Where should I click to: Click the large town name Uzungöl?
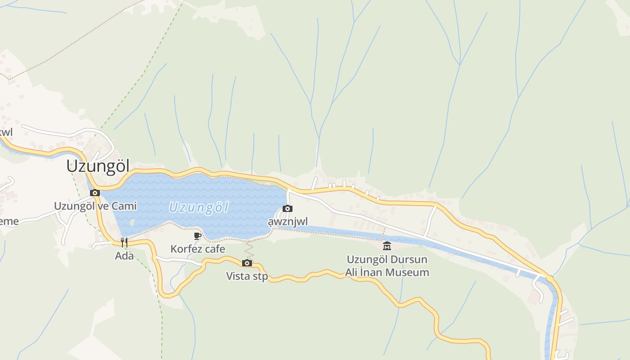tap(98, 166)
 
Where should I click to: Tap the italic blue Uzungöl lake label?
tap(198, 208)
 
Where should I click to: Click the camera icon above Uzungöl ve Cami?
tap(95, 193)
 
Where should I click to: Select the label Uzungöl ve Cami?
tap(95, 206)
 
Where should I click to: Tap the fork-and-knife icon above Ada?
tap(124, 243)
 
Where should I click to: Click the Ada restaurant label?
tap(124, 256)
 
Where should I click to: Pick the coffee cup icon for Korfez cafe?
tap(197, 235)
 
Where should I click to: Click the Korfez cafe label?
tap(198, 249)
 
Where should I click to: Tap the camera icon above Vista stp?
tap(247, 263)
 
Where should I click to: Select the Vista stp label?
tap(247, 276)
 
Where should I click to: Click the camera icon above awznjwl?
tap(288, 208)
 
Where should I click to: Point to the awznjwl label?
tap(288, 222)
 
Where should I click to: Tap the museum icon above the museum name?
tap(387, 246)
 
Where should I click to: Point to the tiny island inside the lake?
tap(131, 222)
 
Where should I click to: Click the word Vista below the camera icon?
tap(238, 276)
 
